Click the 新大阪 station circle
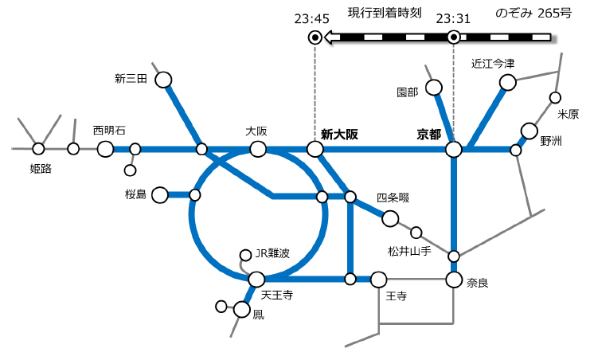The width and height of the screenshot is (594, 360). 315,149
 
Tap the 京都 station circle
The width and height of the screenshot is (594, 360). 454,149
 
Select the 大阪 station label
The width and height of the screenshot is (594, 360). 256,130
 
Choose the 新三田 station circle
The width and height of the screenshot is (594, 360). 163,80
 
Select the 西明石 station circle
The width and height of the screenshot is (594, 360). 106,149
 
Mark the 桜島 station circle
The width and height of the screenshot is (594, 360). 160,194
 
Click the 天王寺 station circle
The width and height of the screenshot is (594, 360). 256,280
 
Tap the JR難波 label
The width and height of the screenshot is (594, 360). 272,253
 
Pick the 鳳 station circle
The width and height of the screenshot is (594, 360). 243,310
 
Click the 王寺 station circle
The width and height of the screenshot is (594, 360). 378,280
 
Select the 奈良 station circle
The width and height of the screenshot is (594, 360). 454,280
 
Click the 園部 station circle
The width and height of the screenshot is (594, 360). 434,87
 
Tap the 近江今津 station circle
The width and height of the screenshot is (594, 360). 507,81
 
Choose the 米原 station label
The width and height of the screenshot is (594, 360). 568,114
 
